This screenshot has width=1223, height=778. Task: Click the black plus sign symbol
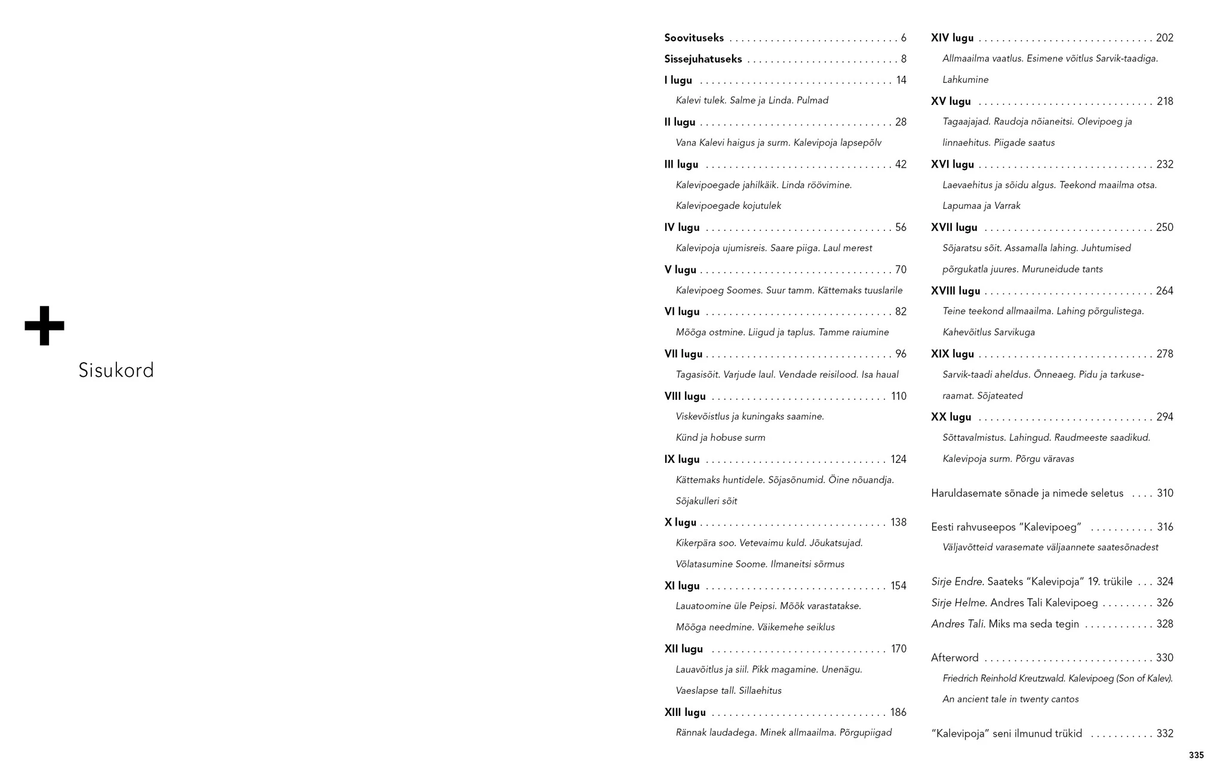click(44, 326)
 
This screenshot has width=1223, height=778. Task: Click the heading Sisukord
click(116, 371)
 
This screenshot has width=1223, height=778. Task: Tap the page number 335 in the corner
click(1196, 755)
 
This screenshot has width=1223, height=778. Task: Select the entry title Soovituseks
click(694, 38)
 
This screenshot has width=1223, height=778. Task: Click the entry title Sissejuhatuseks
click(703, 59)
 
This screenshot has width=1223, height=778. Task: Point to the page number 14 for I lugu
click(901, 81)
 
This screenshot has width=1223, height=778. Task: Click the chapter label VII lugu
click(683, 354)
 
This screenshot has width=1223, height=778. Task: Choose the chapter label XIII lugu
click(685, 712)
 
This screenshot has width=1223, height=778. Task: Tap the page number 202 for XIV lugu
click(1164, 38)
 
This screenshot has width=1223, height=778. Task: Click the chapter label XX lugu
click(951, 418)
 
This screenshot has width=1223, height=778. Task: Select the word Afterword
click(954, 658)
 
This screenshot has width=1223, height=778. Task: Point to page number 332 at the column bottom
click(1164, 734)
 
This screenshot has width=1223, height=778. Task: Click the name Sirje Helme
click(957, 603)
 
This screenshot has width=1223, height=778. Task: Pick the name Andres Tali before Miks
click(957, 624)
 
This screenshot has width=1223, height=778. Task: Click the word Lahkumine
click(965, 80)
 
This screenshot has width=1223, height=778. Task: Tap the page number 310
click(1164, 493)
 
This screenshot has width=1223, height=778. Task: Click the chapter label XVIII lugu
click(955, 291)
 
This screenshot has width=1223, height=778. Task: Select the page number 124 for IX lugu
click(898, 459)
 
